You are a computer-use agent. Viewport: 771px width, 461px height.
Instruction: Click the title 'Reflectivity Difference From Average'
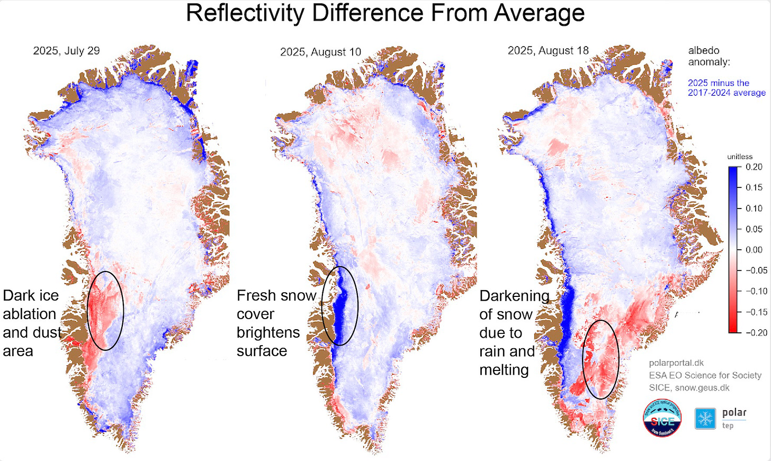pyautogui.click(x=385, y=13)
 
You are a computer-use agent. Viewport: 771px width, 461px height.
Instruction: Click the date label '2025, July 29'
pyautogui.click(x=66, y=51)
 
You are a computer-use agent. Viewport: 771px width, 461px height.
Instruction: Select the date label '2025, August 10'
pyautogui.click(x=320, y=52)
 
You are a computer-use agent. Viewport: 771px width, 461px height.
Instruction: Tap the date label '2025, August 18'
pyautogui.click(x=548, y=51)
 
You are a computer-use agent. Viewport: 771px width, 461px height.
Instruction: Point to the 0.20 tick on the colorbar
pyautogui.click(x=754, y=167)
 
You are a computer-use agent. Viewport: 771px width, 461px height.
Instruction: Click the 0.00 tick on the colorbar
pyautogui.click(x=754, y=250)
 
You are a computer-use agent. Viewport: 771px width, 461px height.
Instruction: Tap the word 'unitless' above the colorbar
pyautogui.click(x=739, y=157)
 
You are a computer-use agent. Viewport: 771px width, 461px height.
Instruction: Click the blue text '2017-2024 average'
pyautogui.click(x=727, y=93)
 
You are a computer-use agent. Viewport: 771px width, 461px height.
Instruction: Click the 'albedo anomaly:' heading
pyautogui.click(x=709, y=56)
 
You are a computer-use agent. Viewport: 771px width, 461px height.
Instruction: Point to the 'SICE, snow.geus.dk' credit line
pyautogui.click(x=689, y=388)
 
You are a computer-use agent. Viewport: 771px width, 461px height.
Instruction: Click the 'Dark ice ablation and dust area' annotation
pyautogui.click(x=32, y=323)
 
